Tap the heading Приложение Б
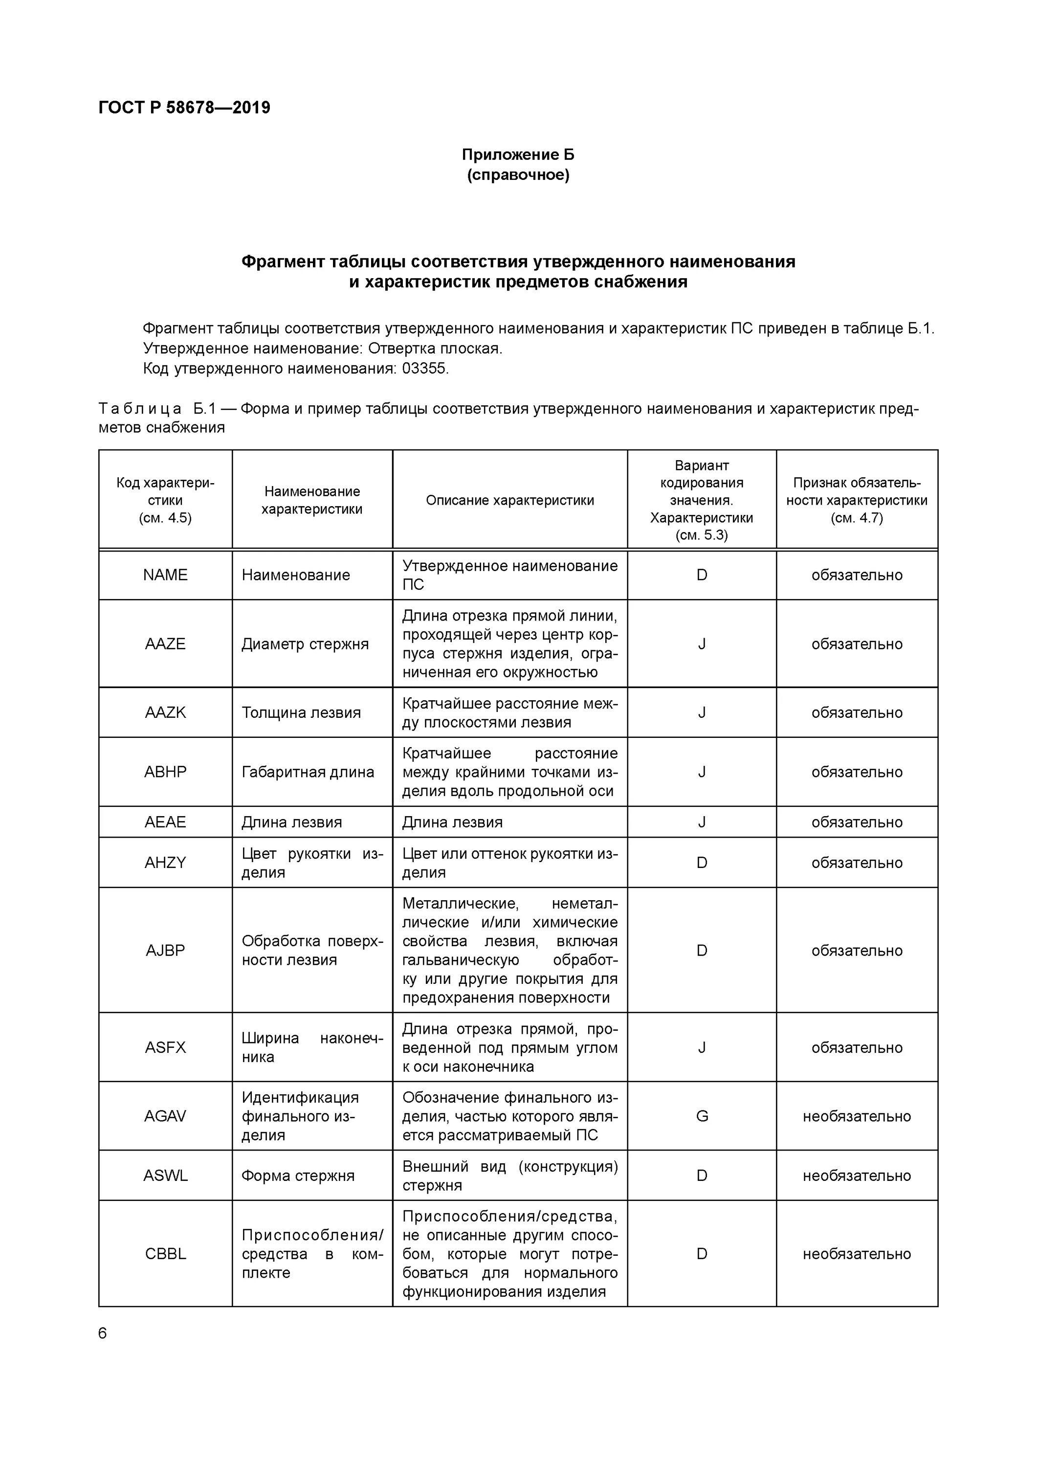(518, 155)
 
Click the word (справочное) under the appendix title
(518, 175)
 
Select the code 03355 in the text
(424, 369)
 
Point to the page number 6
(103, 1333)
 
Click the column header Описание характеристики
(509, 500)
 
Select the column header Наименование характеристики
(312, 500)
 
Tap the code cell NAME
(165, 575)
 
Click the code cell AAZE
(165, 644)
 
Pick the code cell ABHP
(165, 772)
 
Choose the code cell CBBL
(165, 1254)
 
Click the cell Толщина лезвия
(301, 712)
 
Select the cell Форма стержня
(298, 1176)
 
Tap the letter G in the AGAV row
(702, 1116)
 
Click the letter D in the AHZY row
(702, 863)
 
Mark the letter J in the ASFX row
(702, 1047)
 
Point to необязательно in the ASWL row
(856, 1176)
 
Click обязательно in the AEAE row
(856, 822)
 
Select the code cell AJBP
(165, 950)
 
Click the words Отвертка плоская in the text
(435, 349)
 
